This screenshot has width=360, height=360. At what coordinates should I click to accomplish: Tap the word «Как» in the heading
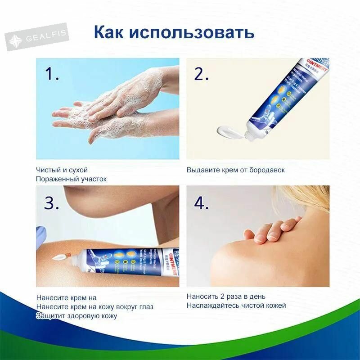[x=109, y=32]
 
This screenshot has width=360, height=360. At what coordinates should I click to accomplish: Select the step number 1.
[x=52, y=74]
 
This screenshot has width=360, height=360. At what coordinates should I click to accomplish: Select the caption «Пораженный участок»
[x=71, y=179]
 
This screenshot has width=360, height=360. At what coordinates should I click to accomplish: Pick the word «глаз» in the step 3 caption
[x=145, y=306]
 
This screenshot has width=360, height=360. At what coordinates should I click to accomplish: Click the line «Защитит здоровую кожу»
[x=76, y=315]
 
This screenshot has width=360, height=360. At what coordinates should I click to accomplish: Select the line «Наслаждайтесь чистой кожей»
[x=236, y=306]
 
